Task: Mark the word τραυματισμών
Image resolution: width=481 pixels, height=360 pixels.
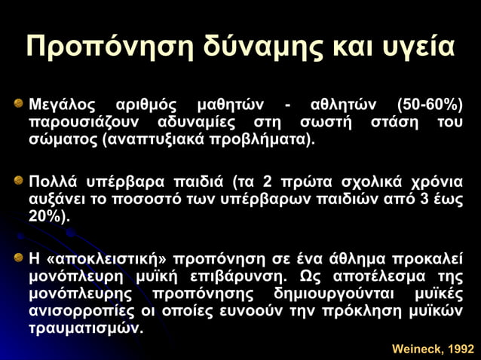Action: pos(84,328)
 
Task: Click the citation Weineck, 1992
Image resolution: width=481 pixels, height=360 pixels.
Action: pos(433,349)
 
